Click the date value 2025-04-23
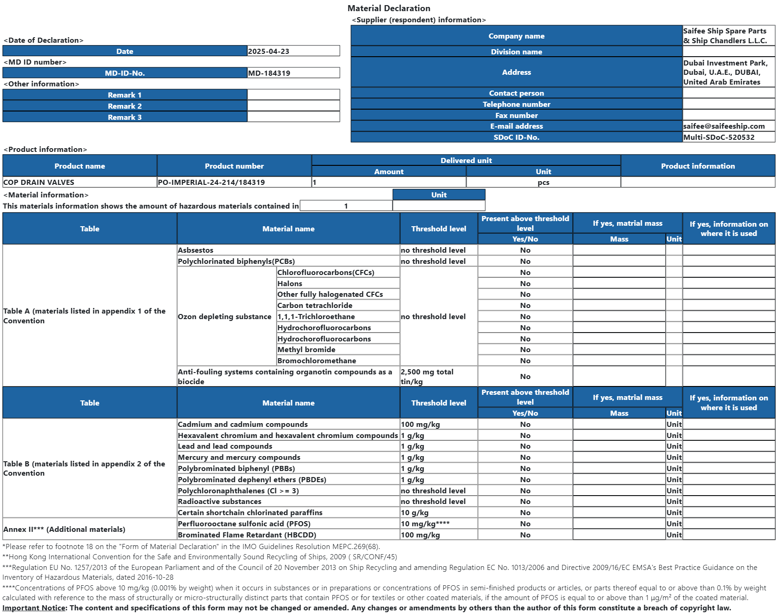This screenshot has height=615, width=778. tap(269, 51)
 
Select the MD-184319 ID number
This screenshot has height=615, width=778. tap(269, 73)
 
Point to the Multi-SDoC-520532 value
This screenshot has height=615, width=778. tap(719, 137)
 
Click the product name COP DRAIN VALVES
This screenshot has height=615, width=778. tap(39, 182)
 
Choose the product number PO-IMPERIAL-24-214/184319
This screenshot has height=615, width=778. tap(211, 182)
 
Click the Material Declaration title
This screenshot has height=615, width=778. tap(389, 8)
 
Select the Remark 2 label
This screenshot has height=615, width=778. tap(124, 106)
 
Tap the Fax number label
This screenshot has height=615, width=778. tap(516, 115)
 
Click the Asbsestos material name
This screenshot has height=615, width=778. tap(195, 250)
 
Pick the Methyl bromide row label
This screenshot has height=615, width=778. tap(306, 349)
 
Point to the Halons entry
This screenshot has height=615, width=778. tap(290, 283)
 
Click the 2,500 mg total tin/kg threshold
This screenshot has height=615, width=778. tap(427, 376)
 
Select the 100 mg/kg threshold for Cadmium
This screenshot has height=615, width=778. tap(420, 424)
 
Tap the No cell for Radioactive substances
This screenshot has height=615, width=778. tap(525, 501)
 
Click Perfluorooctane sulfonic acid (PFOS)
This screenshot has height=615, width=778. tap(244, 523)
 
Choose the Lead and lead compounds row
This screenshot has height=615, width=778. tap(225, 446)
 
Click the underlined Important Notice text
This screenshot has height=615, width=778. tap(34, 608)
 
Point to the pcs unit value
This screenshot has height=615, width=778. tap(543, 182)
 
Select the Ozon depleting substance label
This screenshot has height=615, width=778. tap(225, 316)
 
